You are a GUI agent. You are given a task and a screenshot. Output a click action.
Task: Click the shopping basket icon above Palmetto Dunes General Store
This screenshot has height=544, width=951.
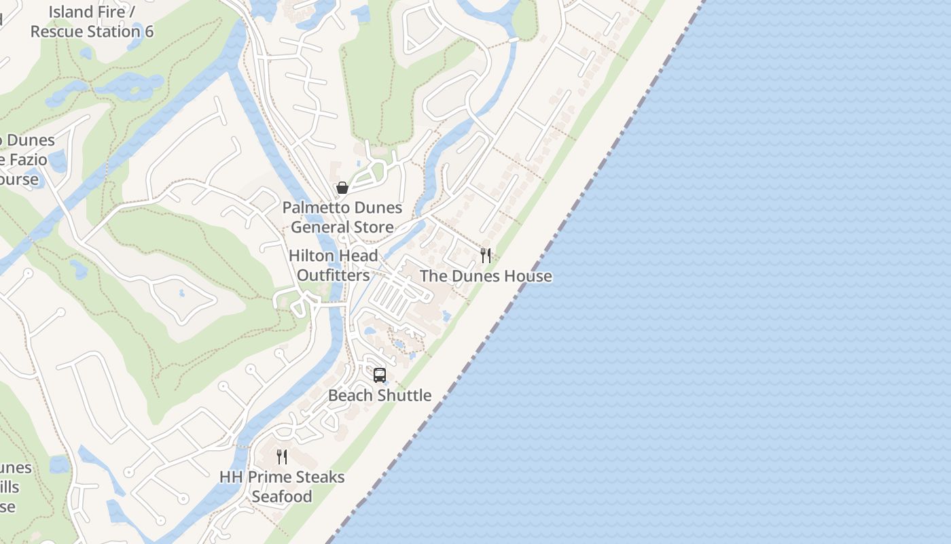tap(342, 188)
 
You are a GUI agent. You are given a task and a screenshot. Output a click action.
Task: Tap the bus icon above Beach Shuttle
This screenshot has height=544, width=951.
tap(380, 375)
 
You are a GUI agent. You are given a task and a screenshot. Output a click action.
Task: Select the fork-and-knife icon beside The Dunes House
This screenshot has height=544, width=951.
tap(486, 256)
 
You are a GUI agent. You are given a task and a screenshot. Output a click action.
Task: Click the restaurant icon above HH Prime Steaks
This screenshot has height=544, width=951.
tap(282, 457)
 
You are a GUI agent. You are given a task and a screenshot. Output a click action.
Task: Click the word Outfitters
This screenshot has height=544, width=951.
tap(333, 275)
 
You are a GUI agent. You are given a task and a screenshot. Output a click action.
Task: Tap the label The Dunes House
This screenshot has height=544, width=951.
tap(486, 276)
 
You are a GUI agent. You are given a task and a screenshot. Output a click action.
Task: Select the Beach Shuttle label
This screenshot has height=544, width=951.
tap(380, 395)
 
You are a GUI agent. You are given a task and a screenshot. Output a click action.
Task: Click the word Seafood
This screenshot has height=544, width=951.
tap(282, 496)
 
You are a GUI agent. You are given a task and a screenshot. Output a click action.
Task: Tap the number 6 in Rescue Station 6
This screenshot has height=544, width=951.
tap(149, 31)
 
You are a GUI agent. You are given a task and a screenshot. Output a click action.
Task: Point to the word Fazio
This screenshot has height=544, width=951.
tap(27, 160)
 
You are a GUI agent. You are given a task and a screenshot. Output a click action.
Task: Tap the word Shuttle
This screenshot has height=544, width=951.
tap(403, 395)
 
